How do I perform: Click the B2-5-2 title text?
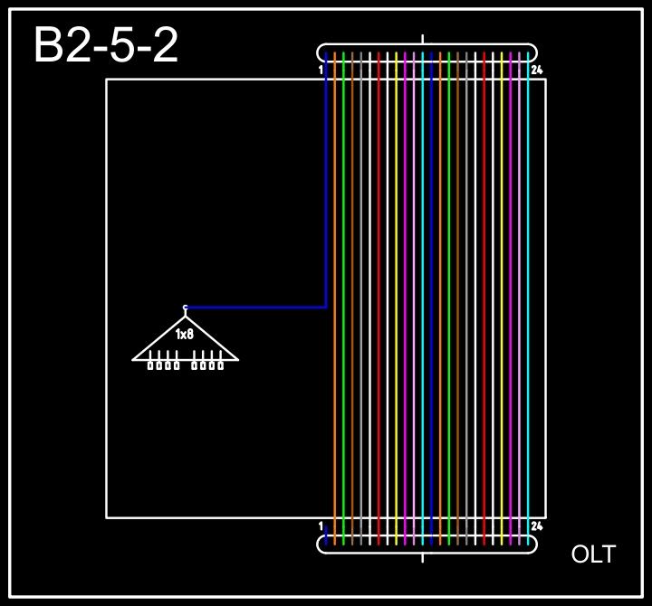click(106, 45)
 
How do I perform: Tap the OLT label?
click(593, 554)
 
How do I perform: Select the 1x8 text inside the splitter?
click(185, 335)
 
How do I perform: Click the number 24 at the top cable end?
click(537, 70)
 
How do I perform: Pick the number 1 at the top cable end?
click(321, 70)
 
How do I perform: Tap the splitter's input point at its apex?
click(186, 308)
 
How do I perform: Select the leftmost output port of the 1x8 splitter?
click(151, 365)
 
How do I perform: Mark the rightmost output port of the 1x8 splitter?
click(220, 365)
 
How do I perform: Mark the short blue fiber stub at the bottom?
click(326, 536)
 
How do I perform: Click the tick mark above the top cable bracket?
click(423, 39)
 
